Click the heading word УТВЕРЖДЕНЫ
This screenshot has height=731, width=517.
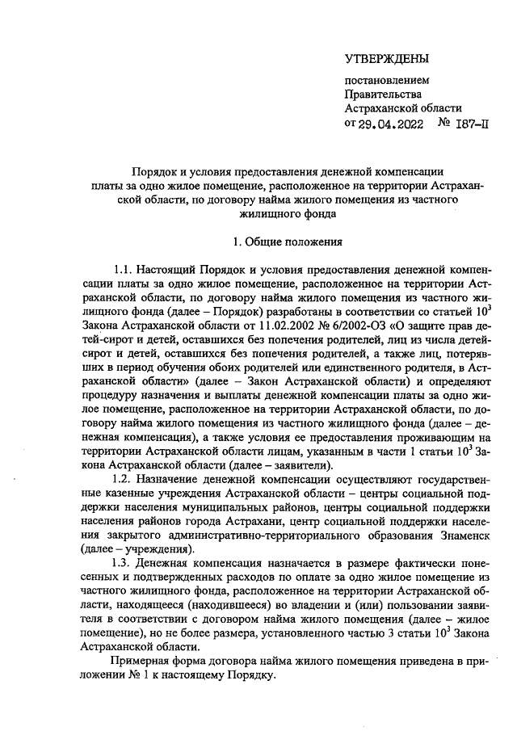(x=387, y=58)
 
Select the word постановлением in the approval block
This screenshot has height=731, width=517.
(x=387, y=81)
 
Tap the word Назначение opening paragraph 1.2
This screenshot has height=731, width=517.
(x=174, y=481)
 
